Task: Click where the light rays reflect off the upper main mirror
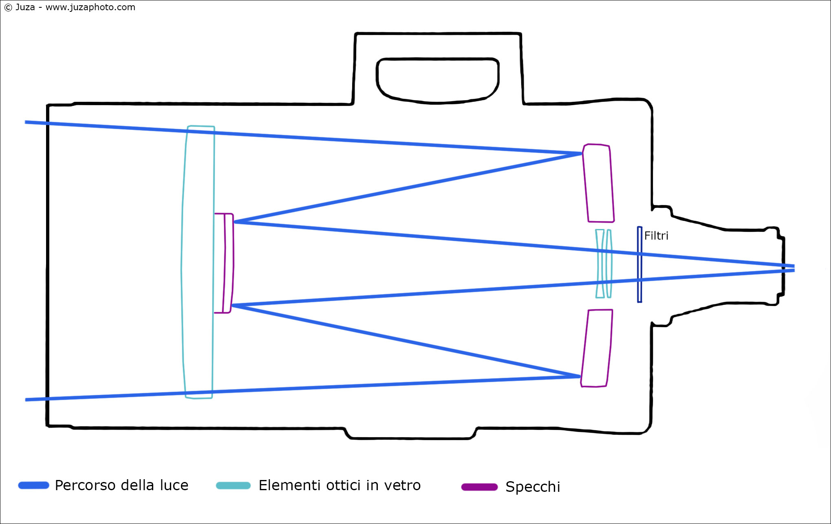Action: click(x=582, y=154)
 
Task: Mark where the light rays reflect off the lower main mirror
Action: click(x=580, y=376)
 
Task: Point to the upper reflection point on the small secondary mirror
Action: click(x=235, y=222)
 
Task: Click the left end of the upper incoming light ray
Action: click(x=25, y=122)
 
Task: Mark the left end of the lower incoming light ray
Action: click(x=26, y=400)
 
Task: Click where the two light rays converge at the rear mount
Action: click(x=794, y=268)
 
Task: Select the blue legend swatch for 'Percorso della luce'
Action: click(x=34, y=485)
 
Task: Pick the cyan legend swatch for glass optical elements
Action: click(x=233, y=485)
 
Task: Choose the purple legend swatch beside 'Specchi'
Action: click(x=479, y=487)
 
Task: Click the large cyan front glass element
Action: click(x=198, y=262)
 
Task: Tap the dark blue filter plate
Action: click(x=639, y=264)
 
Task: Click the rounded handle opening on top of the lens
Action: click(x=437, y=81)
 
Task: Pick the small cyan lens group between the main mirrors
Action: click(x=604, y=264)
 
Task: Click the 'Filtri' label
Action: click(x=656, y=236)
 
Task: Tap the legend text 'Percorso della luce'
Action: click(x=121, y=485)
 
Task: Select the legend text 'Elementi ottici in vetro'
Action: click(x=339, y=485)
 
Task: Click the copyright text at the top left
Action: click(x=70, y=7)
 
